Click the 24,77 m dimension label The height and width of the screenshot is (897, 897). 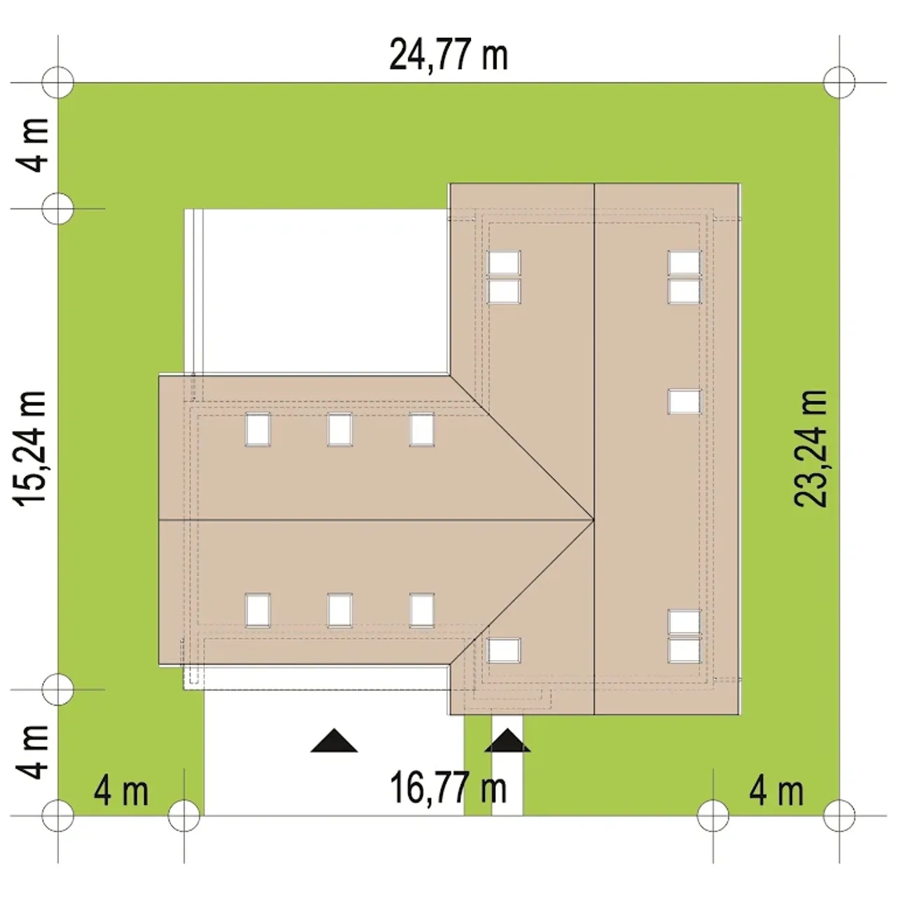[x=448, y=55]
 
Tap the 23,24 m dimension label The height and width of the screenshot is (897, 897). [x=810, y=448]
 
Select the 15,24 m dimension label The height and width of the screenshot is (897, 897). [x=31, y=448]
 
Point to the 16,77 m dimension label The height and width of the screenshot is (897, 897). [x=448, y=788]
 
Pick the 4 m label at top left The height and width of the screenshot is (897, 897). [x=32, y=145]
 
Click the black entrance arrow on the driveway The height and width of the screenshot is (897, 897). [x=334, y=740]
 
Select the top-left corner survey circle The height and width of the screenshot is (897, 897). [x=57, y=83]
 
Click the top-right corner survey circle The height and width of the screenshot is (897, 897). [x=839, y=83]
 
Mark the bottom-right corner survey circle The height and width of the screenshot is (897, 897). [x=839, y=816]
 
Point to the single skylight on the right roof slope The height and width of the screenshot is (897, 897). [x=684, y=402]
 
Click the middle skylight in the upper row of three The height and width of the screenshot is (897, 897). [x=339, y=429]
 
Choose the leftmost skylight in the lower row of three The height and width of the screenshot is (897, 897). [x=257, y=610]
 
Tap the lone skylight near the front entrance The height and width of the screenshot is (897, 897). [x=503, y=650]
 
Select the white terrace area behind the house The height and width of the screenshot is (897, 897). [x=317, y=291]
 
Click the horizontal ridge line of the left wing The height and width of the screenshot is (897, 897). [x=376, y=519]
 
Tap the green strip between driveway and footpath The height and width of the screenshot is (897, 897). [x=478, y=765]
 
